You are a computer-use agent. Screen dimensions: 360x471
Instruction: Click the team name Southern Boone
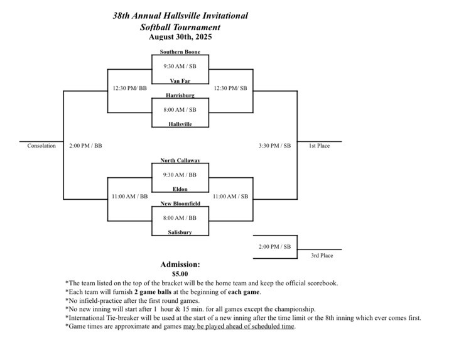tap(180, 52)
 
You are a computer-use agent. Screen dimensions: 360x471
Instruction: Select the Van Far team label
tap(180, 80)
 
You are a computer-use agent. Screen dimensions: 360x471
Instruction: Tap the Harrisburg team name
tap(180, 95)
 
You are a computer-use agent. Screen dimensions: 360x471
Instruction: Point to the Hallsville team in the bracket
tap(180, 124)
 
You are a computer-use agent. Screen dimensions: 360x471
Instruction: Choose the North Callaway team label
tap(180, 160)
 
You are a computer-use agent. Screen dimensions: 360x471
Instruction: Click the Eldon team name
tap(180, 189)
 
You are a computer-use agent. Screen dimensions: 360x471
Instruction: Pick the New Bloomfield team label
tap(180, 204)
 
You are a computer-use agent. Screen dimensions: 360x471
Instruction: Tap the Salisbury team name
tap(180, 232)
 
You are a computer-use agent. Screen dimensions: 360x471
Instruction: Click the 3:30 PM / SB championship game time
tap(274, 146)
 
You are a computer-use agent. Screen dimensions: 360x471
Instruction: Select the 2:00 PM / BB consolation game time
tap(85, 146)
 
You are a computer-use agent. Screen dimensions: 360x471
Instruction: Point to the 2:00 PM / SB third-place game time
tap(274, 247)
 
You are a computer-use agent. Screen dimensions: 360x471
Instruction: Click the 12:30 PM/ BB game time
tap(130, 88)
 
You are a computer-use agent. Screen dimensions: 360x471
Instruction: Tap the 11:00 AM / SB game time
tap(230, 197)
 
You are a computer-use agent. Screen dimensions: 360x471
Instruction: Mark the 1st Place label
tap(319, 146)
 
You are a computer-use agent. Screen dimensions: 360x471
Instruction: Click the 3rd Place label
tap(322, 256)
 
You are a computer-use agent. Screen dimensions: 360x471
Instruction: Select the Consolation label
tap(41, 146)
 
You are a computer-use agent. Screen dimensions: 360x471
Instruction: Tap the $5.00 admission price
tap(180, 274)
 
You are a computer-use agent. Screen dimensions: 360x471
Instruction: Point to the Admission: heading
tap(180, 265)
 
